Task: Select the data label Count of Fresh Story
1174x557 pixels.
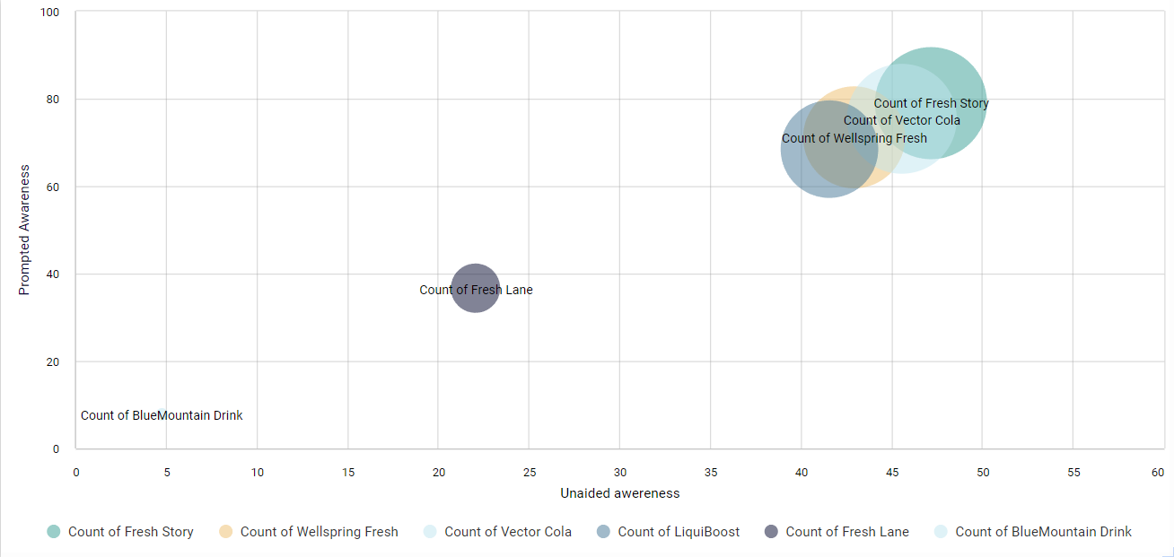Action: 931,103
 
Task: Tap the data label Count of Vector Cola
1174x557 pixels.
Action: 901,120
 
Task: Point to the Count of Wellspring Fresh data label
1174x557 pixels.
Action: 854,138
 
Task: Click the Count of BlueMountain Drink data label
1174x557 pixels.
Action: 162,415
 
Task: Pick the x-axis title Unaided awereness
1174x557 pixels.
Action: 619,493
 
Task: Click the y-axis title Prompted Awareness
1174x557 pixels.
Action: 25,230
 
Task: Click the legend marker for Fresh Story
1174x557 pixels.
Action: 54,532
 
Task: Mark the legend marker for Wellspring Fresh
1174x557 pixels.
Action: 226,532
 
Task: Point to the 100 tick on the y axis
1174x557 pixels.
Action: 49,13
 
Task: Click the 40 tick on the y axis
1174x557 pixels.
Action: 53,274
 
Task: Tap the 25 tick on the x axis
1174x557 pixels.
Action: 530,472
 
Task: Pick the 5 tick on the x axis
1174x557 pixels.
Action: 167,472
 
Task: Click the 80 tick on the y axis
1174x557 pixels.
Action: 53,100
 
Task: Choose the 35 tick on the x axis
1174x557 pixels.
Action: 711,472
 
